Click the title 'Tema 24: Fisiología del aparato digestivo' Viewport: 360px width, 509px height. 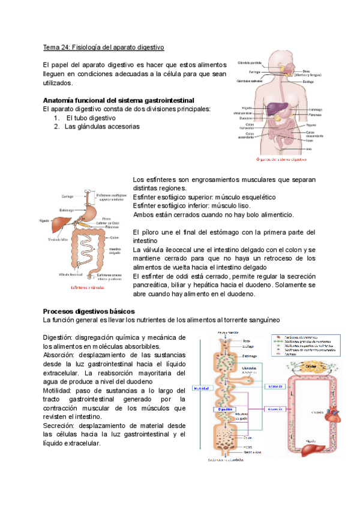pyautogui.click(x=104, y=47)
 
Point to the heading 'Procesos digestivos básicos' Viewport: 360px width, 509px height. pyautogui.click(x=89, y=312)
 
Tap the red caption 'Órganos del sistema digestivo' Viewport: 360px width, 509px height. pyautogui.click(x=281, y=160)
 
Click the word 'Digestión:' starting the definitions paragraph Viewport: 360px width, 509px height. pyautogui.click(x=61, y=339)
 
